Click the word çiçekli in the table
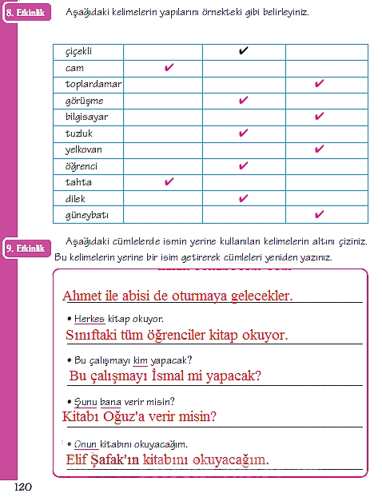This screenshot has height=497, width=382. point(79,52)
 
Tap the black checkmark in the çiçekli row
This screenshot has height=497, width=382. point(244,52)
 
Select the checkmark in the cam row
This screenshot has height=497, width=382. point(169,69)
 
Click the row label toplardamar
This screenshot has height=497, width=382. point(94,85)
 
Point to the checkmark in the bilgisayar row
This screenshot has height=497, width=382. point(319,117)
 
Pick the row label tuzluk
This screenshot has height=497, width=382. point(78,134)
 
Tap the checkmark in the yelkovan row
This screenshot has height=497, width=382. point(319,149)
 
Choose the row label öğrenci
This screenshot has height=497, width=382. point(82,166)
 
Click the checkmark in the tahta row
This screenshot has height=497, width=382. point(169,182)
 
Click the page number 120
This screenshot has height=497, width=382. point(22,486)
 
